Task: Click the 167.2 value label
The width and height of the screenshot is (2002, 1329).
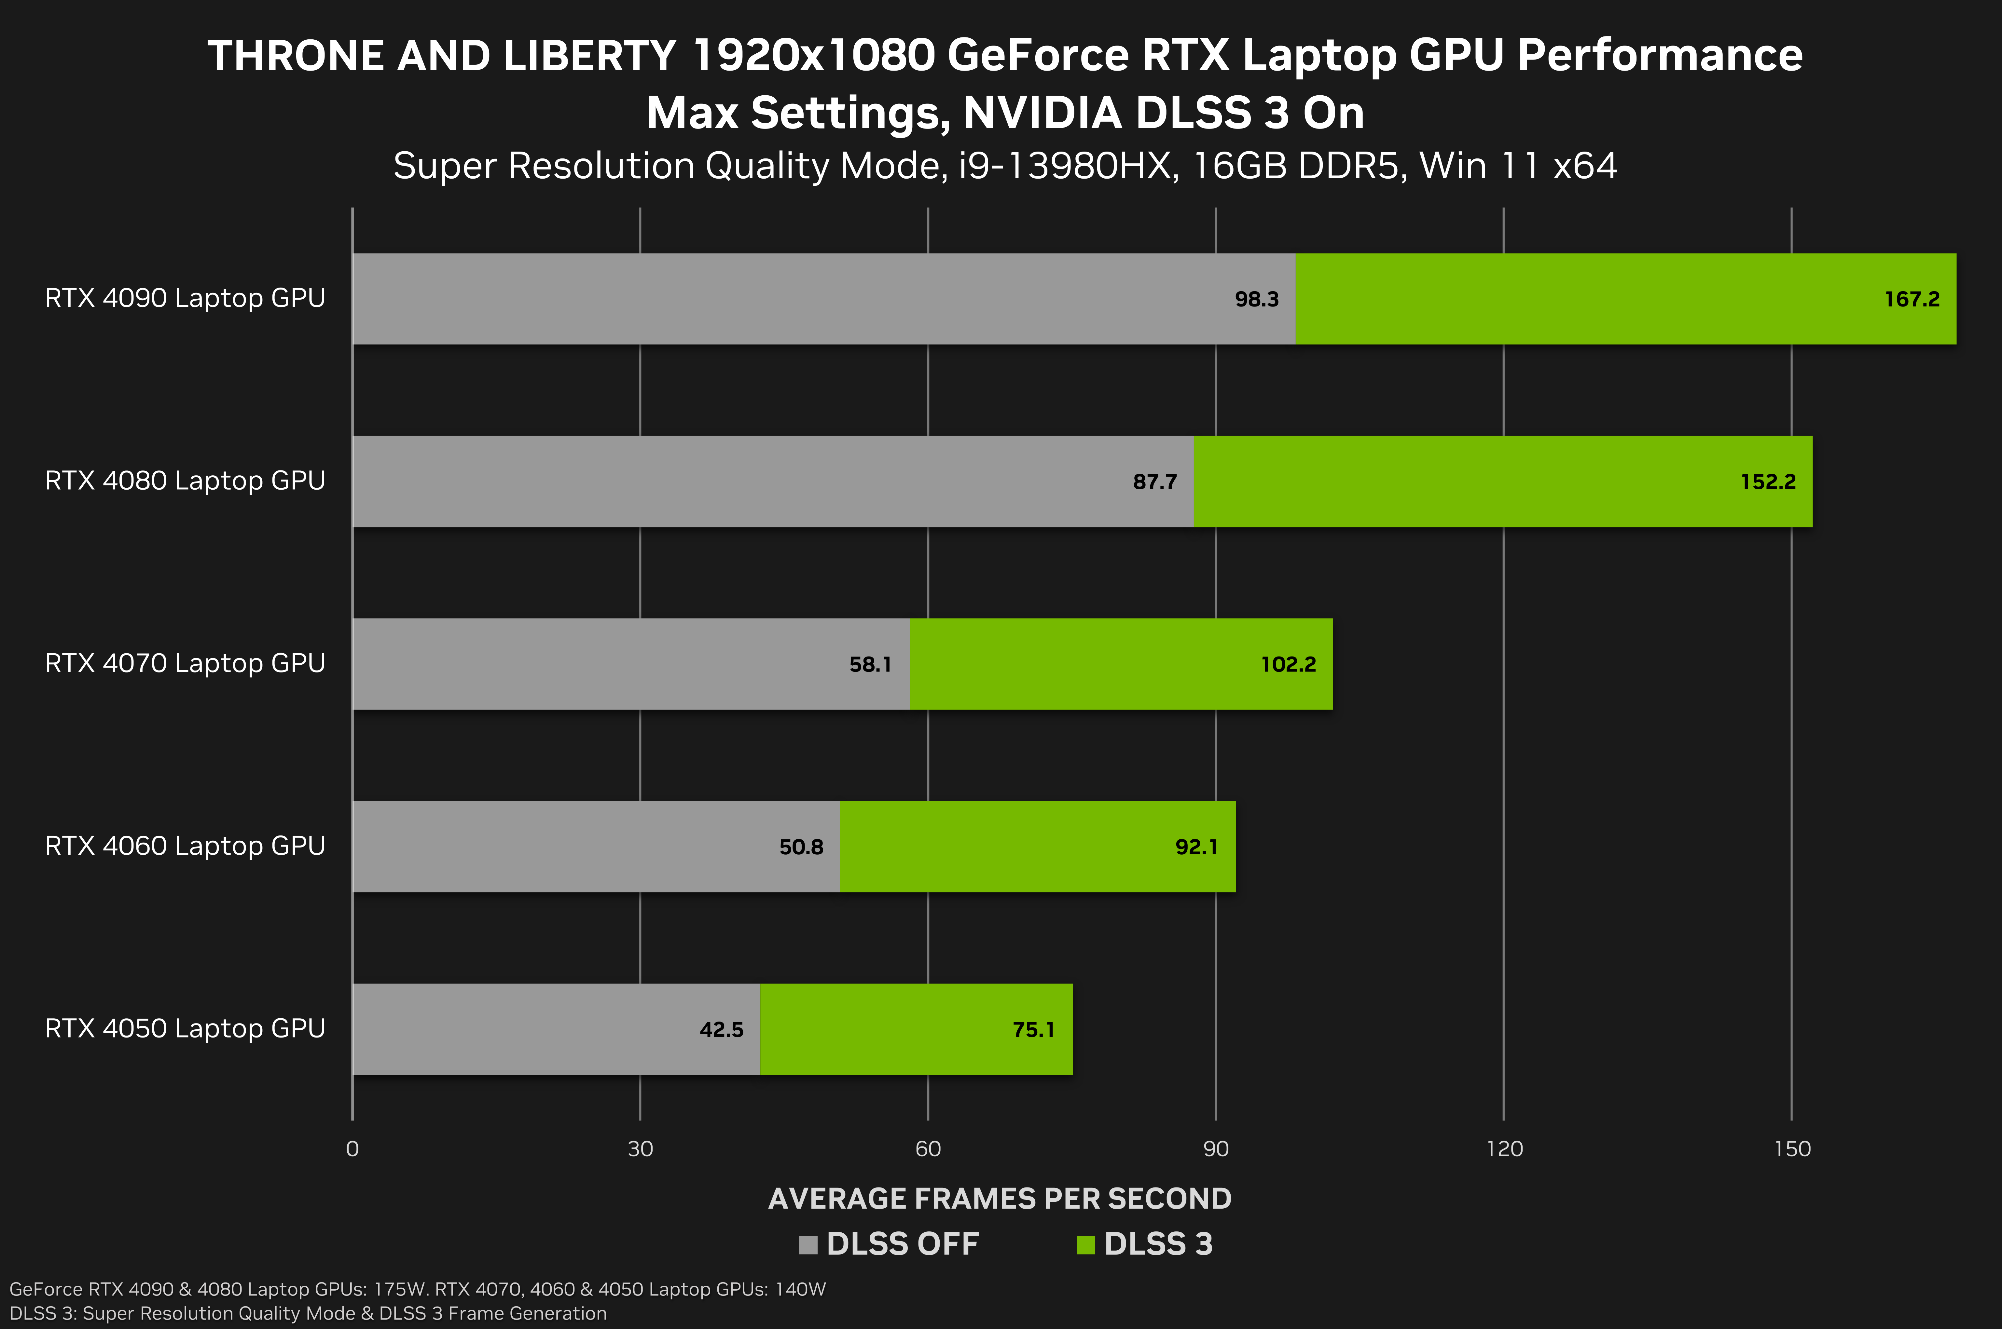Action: point(1911,299)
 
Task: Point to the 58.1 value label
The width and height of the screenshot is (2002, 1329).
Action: point(870,664)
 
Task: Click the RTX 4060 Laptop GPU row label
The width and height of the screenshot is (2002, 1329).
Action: point(185,846)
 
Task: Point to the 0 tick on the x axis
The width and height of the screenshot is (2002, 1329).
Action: point(353,1149)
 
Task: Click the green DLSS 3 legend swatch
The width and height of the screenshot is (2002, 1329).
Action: point(1085,1245)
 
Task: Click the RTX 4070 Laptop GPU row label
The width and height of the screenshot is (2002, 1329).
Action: point(185,663)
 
